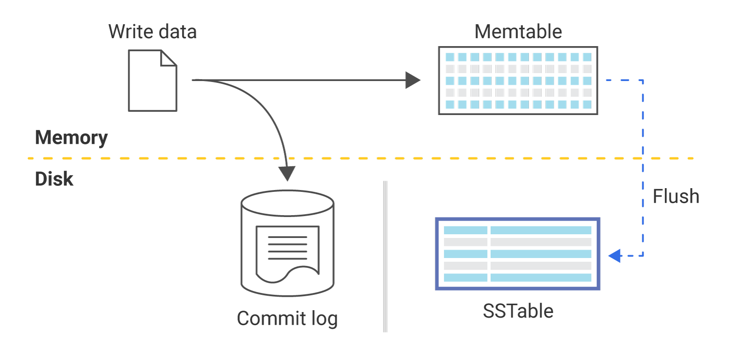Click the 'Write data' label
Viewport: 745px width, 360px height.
tap(152, 32)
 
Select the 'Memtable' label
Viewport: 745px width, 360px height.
tap(518, 32)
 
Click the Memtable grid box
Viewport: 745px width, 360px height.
tap(518, 81)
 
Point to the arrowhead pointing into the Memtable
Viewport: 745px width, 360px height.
tap(413, 80)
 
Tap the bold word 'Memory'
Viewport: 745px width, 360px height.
tap(71, 137)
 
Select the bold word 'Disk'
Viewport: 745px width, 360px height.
tap(54, 179)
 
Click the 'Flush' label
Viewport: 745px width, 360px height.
tap(676, 196)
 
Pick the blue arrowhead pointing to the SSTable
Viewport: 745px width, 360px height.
tap(615, 255)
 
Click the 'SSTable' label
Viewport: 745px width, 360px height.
tap(518, 311)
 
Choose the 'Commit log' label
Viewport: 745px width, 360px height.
tap(287, 319)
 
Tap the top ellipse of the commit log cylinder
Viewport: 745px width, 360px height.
tap(288, 203)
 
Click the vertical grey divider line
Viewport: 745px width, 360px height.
tap(385, 256)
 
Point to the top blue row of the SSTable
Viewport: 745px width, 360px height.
tap(517, 230)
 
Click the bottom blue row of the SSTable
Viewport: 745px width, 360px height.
tap(517, 278)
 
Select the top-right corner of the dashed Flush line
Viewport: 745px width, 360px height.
tap(643, 81)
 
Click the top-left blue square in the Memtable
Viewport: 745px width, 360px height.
tap(450, 57)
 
